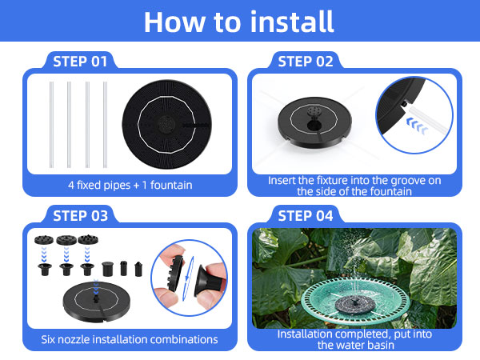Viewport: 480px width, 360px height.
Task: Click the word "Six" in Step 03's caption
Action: (x=50, y=339)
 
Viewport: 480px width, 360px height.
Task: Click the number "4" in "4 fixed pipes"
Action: (x=71, y=186)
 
